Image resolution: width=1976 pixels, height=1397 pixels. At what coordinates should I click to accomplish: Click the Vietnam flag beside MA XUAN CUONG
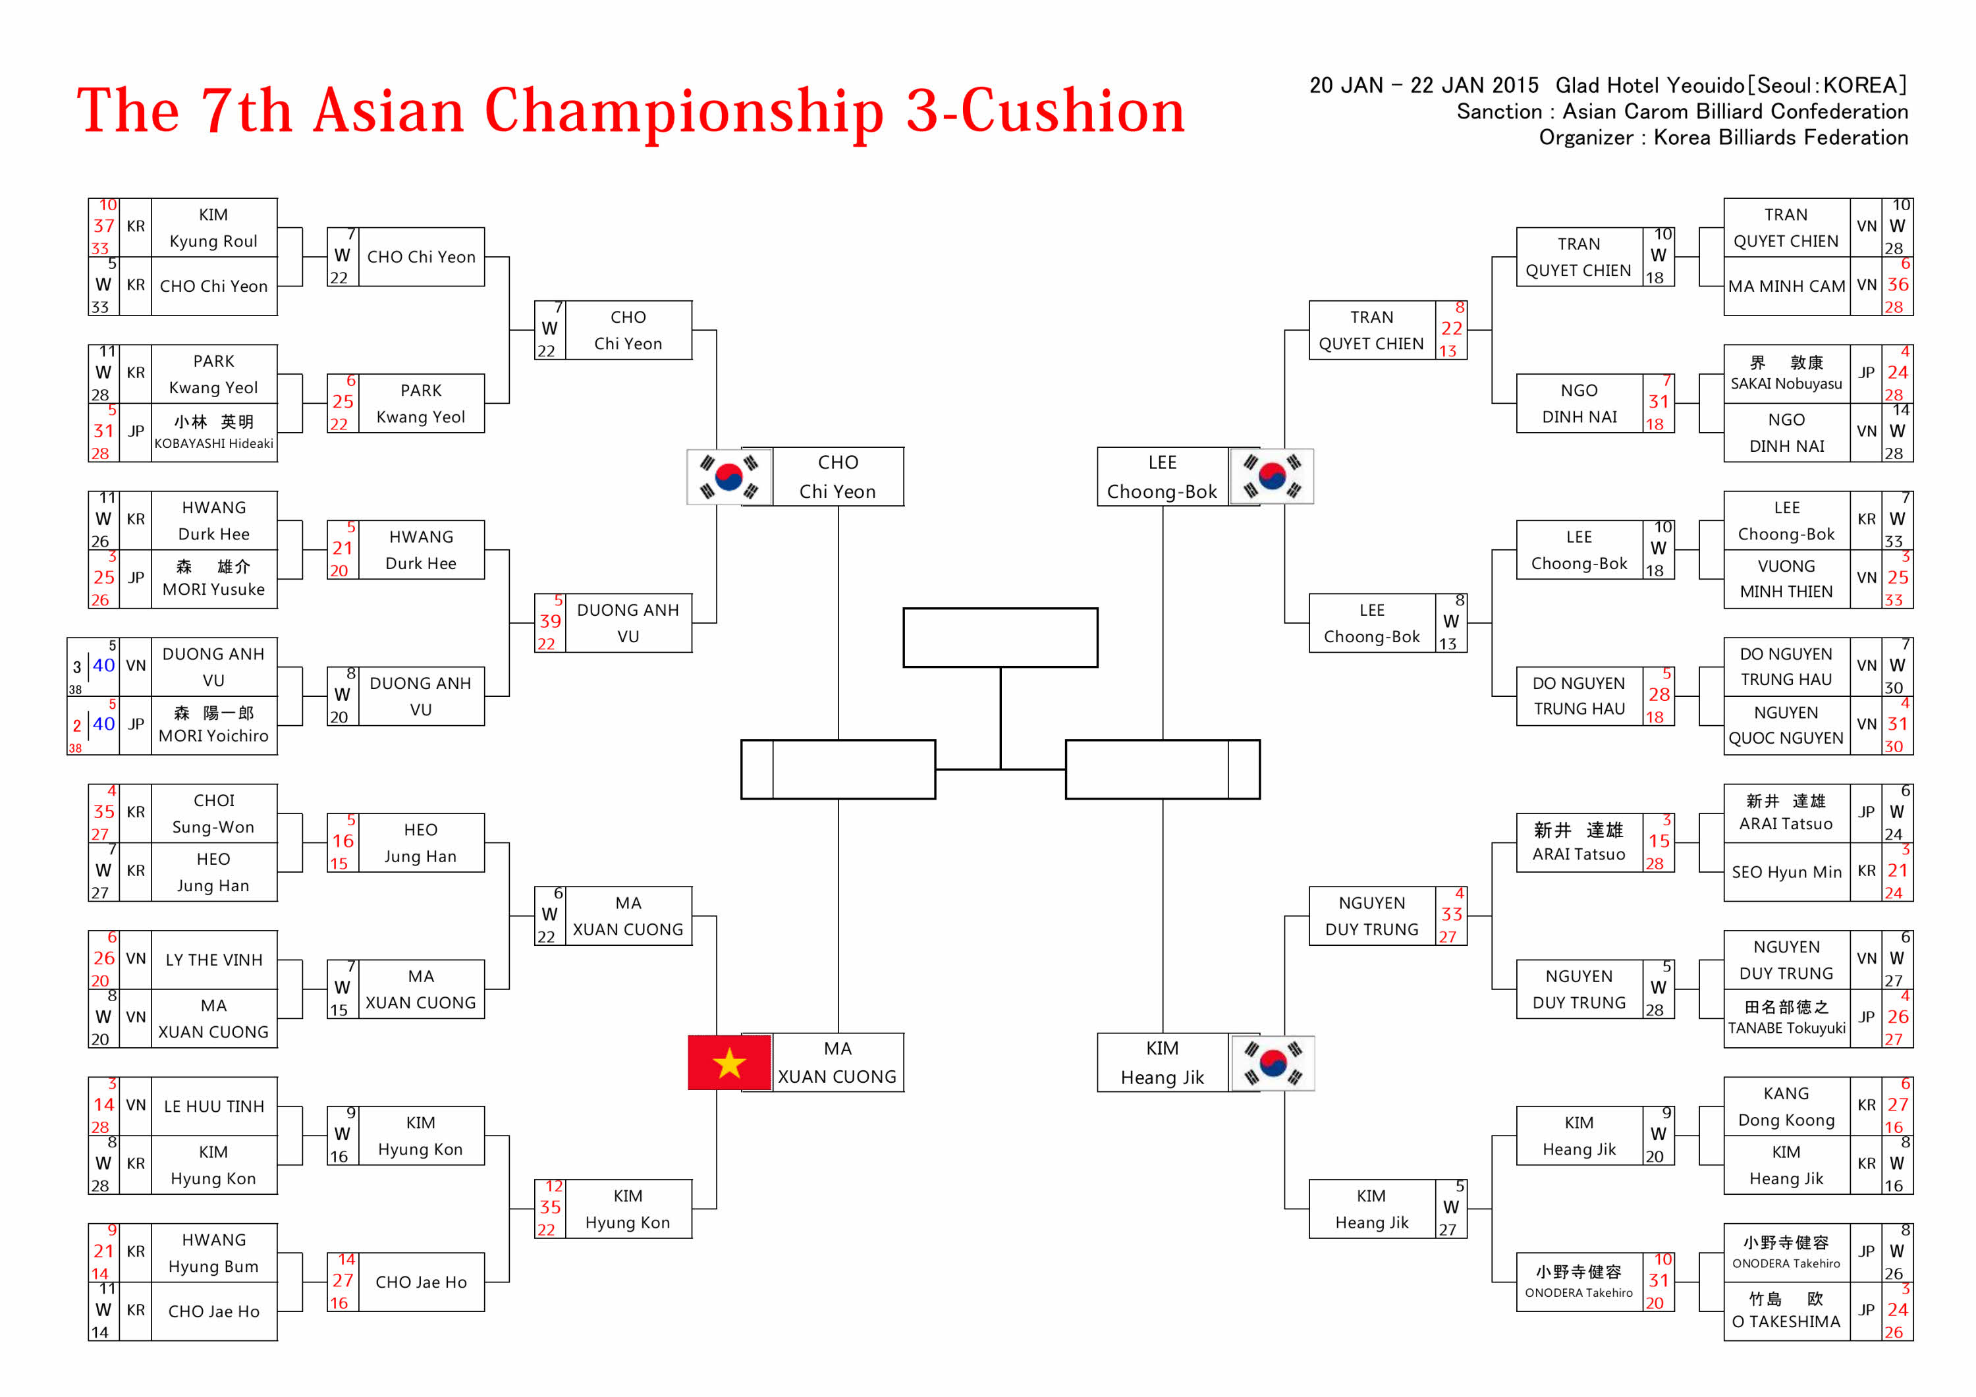pos(729,1063)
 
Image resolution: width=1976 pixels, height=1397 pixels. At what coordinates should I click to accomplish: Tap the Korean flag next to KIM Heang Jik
pos(1272,1063)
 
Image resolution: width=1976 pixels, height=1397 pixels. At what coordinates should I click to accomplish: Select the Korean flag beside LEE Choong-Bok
pos(1272,476)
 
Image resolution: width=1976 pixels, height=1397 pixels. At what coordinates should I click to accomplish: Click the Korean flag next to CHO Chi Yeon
pos(729,476)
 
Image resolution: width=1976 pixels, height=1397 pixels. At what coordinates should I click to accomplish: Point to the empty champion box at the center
pos(1000,638)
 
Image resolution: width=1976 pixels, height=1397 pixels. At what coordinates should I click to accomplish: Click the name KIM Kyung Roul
pos(213,228)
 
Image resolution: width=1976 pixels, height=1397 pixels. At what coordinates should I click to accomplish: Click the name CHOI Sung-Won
pos(213,813)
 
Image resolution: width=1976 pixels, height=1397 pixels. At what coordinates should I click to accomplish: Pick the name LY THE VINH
pos(213,960)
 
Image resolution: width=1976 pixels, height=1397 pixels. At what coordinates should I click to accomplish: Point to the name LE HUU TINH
pos(213,1106)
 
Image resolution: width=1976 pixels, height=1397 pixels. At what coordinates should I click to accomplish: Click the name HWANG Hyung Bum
pos(213,1252)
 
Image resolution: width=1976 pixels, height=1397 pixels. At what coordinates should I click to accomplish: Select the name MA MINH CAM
pos(1787,286)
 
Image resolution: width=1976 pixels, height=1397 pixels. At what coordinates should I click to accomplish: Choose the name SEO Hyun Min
pos(1787,872)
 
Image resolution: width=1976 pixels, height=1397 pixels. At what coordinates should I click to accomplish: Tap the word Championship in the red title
pos(684,112)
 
